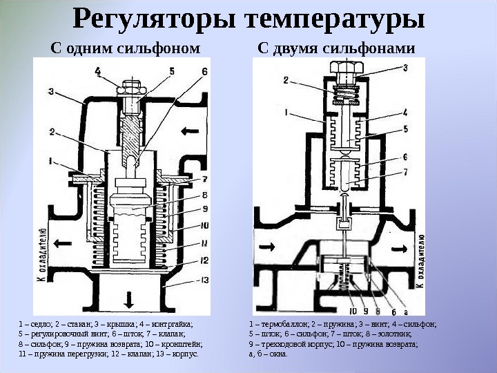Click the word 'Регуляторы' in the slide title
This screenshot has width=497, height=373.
click(155, 21)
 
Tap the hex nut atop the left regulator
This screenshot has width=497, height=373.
click(132, 88)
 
